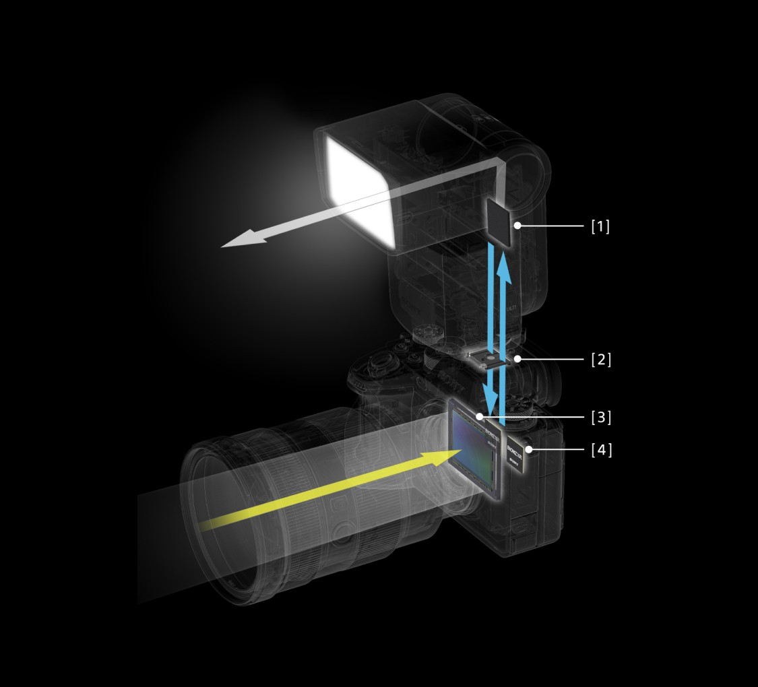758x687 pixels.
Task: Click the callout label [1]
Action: pyautogui.click(x=600, y=226)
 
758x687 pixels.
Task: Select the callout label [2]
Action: pyautogui.click(x=600, y=359)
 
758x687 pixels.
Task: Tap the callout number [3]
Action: pyautogui.click(x=600, y=417)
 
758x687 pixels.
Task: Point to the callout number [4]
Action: pyautogui.click(x=600, y=449)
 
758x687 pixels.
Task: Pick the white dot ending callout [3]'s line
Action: pyautogui.click(x=480, y=417)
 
